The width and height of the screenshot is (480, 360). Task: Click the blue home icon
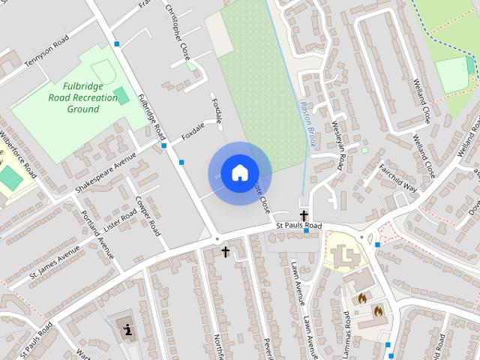(x=239, y=173)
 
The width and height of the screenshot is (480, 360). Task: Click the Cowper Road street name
(x=148, y=216)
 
